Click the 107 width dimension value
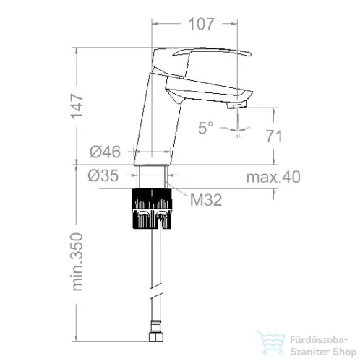[x=201, y=25]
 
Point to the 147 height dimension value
[x=77, y=107]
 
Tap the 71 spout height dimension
[x=274, y=136]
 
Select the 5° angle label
[x=205, y=128]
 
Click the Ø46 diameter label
[x=105, y=152]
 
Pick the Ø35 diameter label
[x=103, y=175]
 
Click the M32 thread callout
[x=206, y=200]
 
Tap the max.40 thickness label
[x=273, y=177]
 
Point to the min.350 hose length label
[x=77, y=262]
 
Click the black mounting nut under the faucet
[x=152, y=209]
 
